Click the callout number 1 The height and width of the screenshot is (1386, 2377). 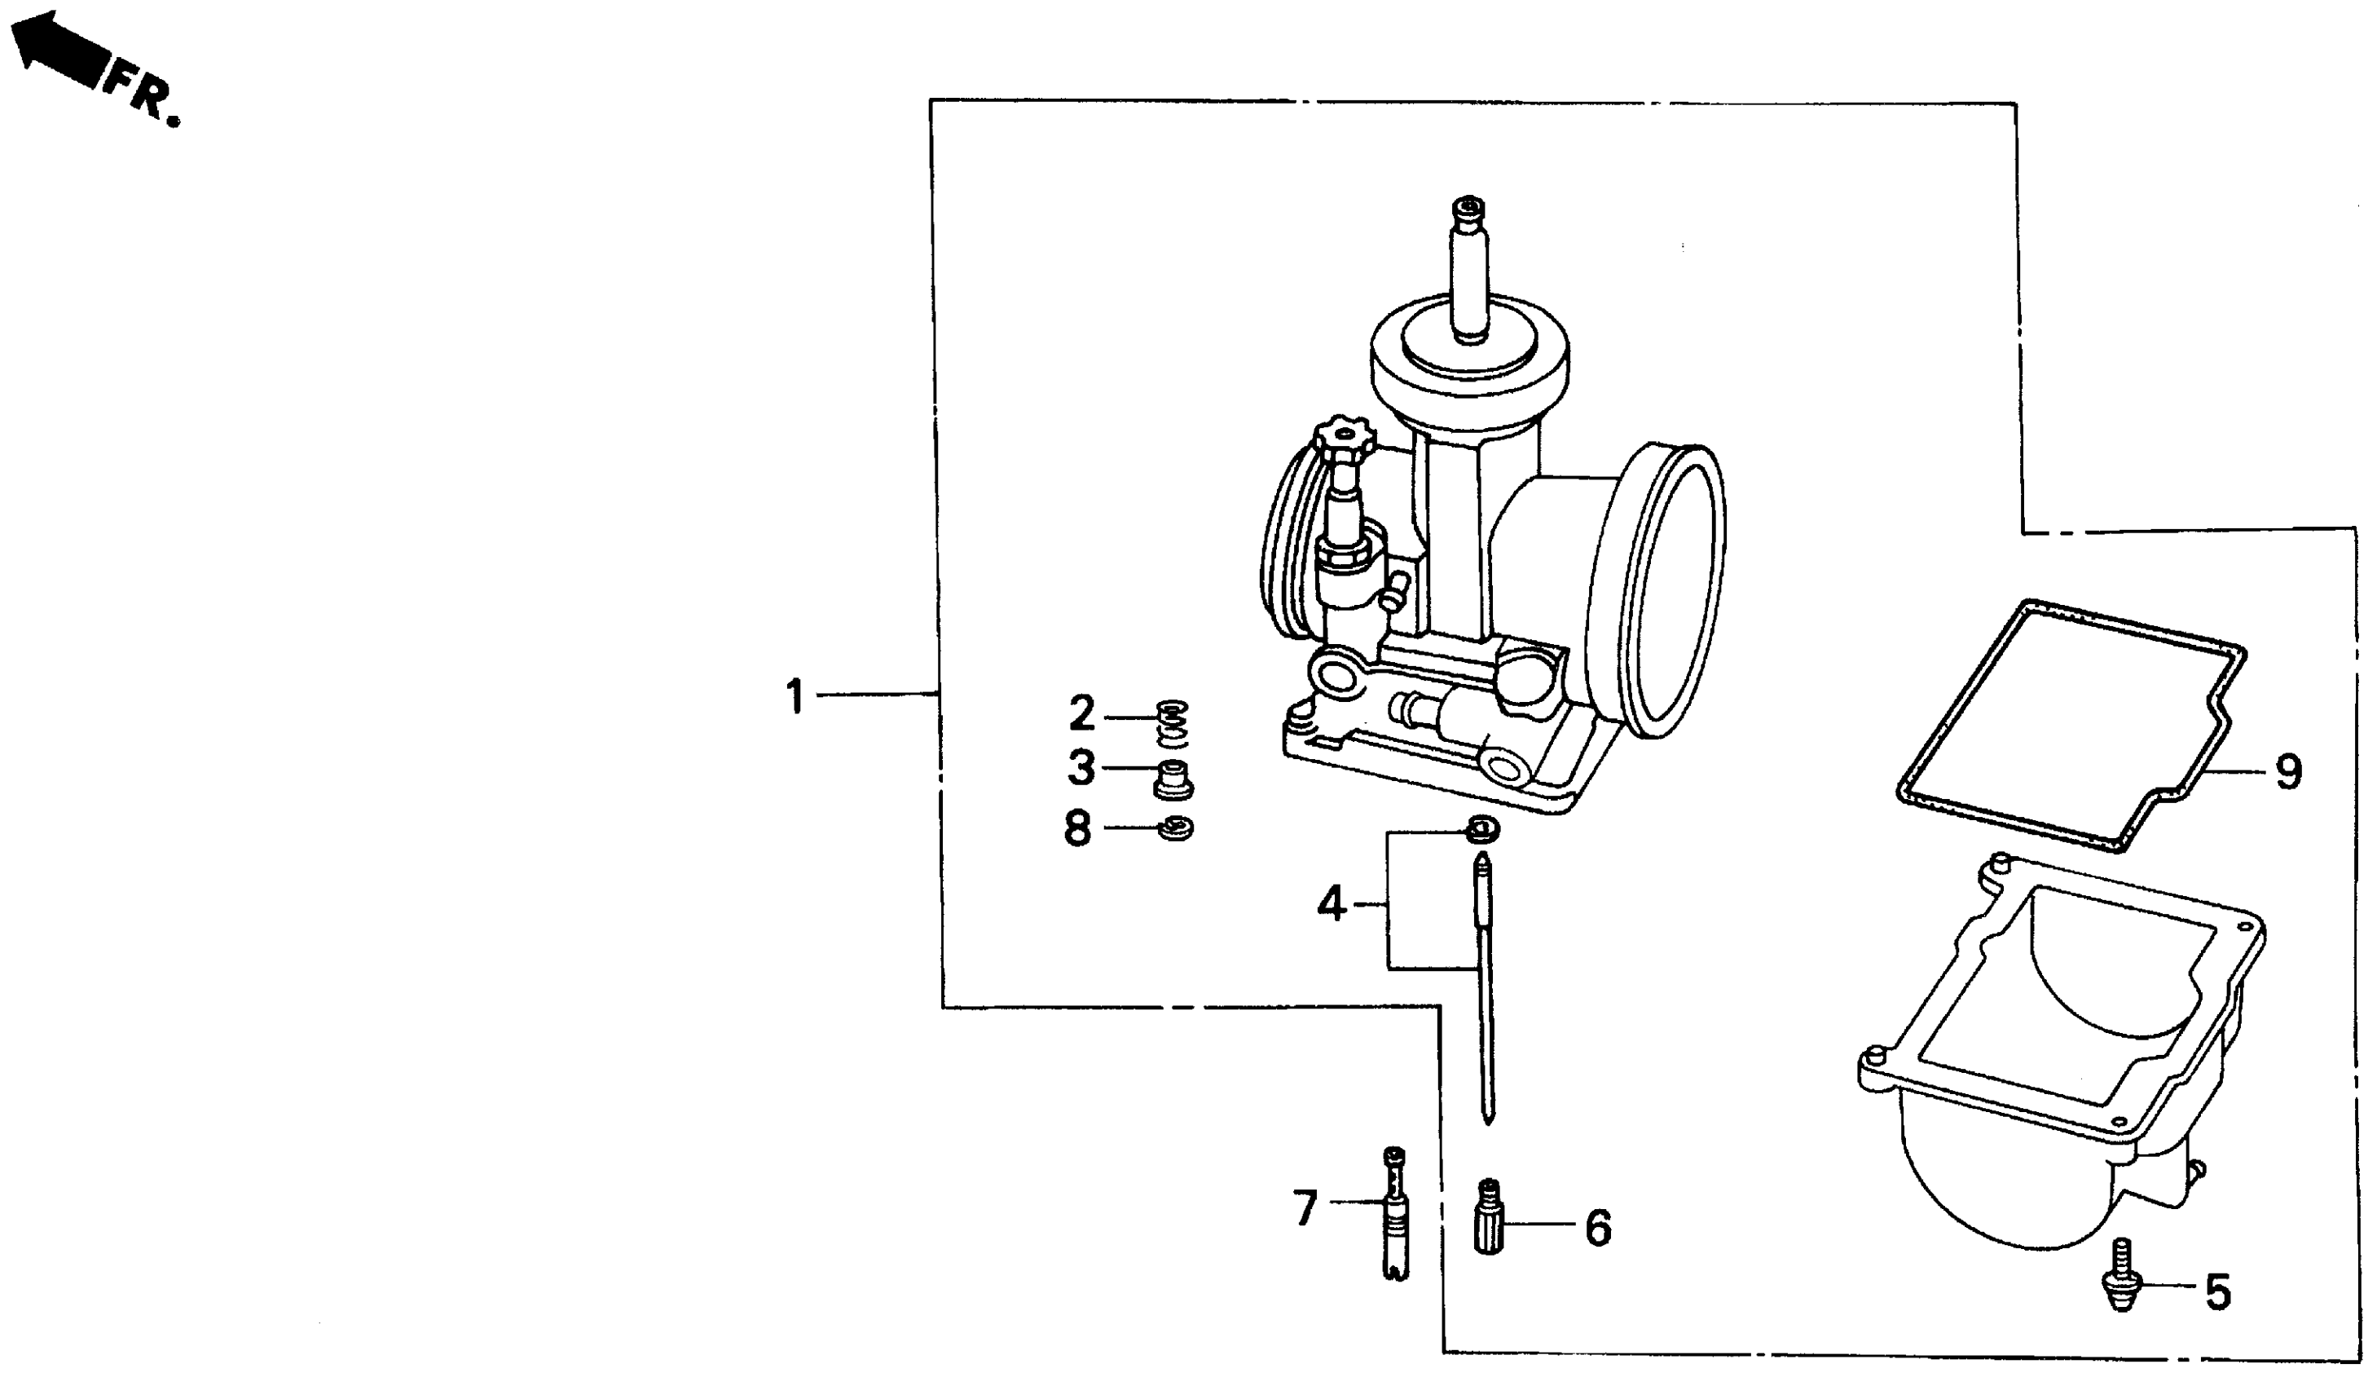[795, 696]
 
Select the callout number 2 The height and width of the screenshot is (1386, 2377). [1082, 713]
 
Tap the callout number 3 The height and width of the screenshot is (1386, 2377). [1081, 768]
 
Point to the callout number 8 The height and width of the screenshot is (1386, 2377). [1077, 829]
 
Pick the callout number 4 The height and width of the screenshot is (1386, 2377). [1330, 905]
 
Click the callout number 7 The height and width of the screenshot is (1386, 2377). [1305, 1208]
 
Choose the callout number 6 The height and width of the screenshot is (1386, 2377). [1598, 1228]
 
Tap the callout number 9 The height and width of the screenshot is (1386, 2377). [2287, 772]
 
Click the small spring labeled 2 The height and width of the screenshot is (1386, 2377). [1173, 722]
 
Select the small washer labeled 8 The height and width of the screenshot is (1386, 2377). [1175, 829]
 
